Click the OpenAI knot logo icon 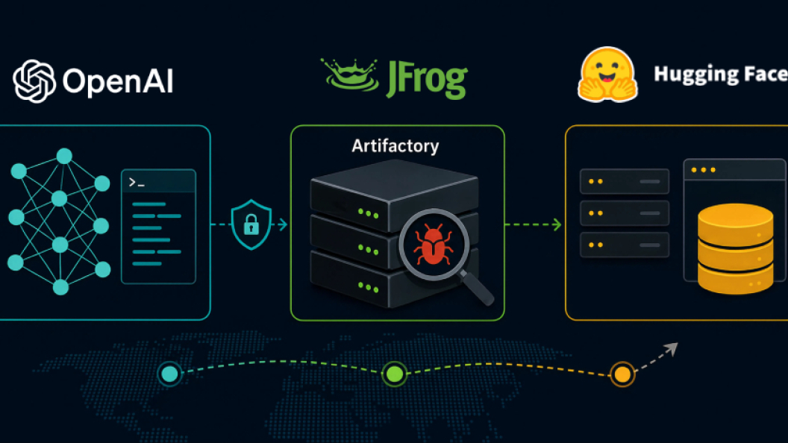pos(34,81)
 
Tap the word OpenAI pos(118,82)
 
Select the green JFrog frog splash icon pos(351,75)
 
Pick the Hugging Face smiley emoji pos(607,75)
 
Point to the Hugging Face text pos(721,75)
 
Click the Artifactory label pos(395,145)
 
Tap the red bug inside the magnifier pos(434,244)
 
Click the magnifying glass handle pos(477,289)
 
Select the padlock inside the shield pos(251,225)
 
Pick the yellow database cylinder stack pos(735,248)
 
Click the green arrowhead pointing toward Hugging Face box pos(557,224)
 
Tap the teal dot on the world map pos(169,374)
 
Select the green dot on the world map pos(394,374)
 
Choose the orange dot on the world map pos(622,374)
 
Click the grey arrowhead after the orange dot pos(672,348)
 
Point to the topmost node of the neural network pos(64,156)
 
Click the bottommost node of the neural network pos(60,287)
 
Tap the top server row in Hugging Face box pos(624,181)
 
